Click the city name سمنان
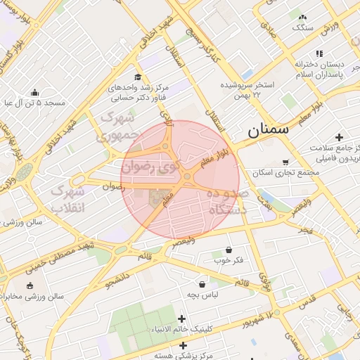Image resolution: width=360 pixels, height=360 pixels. (268, 130)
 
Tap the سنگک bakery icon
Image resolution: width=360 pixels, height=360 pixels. (302, 17)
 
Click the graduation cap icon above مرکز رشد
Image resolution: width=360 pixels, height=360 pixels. (137, 77)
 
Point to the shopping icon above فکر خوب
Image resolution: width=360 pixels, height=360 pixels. (229, 250)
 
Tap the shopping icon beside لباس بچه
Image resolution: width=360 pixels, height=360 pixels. (203, 285)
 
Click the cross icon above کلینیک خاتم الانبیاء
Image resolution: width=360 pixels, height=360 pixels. (183, 319)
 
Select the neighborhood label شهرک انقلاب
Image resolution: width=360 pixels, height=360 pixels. (68, 200)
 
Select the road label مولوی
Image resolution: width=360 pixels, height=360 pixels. (264, 282)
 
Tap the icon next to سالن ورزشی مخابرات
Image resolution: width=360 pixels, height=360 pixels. (30, 285)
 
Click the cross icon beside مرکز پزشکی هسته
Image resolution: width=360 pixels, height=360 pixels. (183, 345)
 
